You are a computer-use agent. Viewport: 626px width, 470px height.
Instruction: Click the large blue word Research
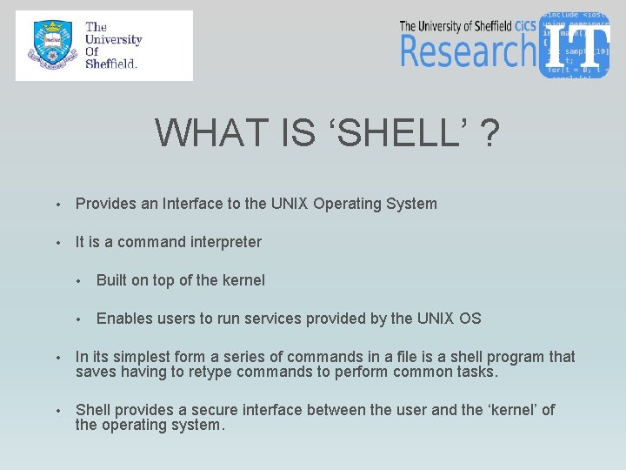467,50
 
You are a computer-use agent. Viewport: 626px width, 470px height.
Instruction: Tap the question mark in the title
490,133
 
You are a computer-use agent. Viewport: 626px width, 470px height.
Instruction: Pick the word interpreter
222,242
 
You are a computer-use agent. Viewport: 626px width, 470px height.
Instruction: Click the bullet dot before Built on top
78,281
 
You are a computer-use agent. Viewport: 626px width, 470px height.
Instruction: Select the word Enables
122,319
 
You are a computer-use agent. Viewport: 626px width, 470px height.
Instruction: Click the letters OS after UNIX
469,319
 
